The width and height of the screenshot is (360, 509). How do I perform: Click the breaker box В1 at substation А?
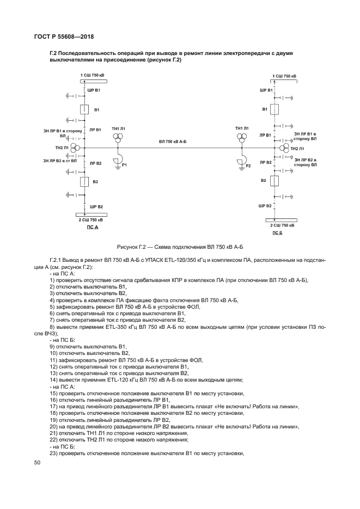pyautogui.click(x=84, y=110)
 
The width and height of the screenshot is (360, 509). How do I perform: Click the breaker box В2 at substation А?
pyautogui.click(x=84, y=181)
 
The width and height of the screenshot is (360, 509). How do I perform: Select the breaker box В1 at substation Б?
pyautogui.click(x=276, y=110)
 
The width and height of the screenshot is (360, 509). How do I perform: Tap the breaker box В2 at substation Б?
pyautogui.click(x=276, y=180)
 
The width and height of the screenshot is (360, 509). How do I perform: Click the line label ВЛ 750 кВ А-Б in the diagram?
pyautogui.click(x=173, y=142)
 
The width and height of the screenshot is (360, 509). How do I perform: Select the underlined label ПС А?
pyautogui.click(x=93, y=227)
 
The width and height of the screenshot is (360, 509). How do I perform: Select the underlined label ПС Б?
pyautogui.click(x=278, y=232)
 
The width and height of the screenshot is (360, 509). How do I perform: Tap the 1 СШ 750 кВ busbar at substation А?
pyautogui.click(x=93, y=81)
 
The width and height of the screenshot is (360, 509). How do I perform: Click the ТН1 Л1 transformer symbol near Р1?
pyautogui.click(x=118, y=139)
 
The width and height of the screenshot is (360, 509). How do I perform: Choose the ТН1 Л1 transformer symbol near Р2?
pyautogui.click(x=241, y=139)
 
